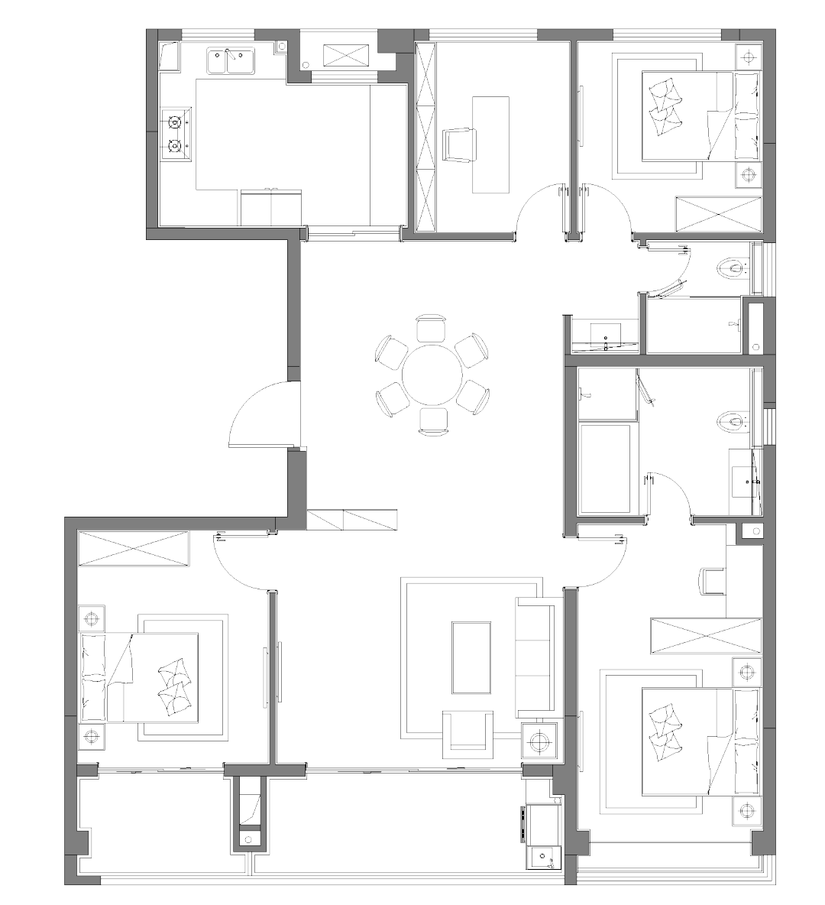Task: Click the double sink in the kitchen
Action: (230, 60)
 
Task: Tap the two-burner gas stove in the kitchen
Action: (175, 133)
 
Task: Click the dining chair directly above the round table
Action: (431, 328)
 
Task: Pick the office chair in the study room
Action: (459, 144)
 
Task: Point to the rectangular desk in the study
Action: (490, 144)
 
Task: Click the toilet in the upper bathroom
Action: (733, 268)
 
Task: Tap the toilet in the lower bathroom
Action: (733, 420)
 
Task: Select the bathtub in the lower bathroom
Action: (606, 469)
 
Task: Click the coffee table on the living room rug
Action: (471, 657)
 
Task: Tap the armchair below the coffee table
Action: (468, 731)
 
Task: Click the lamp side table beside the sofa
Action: (540, 740)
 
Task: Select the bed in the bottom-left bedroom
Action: (140, 677)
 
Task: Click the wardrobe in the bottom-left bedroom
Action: (134, 549)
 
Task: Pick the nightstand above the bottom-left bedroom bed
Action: (92, 617)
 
